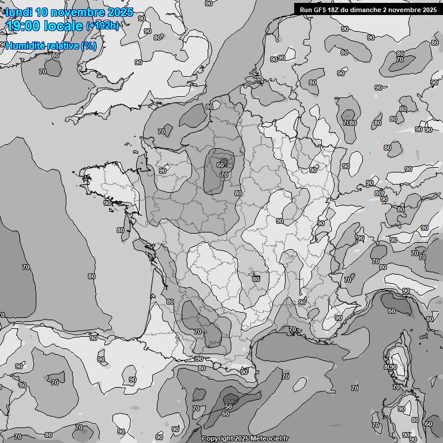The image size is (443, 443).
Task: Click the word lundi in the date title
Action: coord(18,12)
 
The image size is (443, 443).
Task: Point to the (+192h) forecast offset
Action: coord(102,26)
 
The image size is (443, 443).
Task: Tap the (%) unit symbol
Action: coord(89,46)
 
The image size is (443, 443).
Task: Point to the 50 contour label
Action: coord(228,407)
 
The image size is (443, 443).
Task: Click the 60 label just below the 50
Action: coord(226,414)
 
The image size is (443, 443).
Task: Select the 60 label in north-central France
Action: coord(220,165)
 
